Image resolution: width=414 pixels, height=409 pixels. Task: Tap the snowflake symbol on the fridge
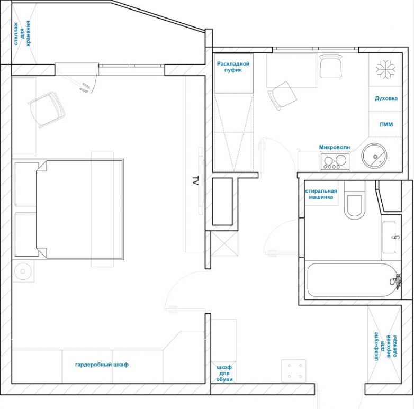(385, 70)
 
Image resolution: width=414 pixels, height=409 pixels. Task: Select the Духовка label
(386, 98)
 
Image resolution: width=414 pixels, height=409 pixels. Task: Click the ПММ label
(386, 124)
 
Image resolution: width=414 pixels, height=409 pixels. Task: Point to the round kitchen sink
(374, 156)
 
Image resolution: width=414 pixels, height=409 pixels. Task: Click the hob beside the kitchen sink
(335, 161)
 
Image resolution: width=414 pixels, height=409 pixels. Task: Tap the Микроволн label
(335, 147)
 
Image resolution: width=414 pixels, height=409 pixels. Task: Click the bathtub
(352, 280)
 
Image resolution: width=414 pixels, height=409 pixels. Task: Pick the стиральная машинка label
(321, 194)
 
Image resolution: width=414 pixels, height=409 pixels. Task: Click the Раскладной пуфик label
(233, 67)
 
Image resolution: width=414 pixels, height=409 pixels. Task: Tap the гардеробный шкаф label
(102, 365)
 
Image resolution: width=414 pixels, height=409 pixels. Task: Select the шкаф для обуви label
(224, 374)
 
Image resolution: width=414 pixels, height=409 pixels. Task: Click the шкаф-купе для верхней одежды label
(385, 346)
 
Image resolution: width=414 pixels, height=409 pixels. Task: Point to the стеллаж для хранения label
(22, 33)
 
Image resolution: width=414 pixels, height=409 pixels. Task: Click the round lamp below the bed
(23, 271)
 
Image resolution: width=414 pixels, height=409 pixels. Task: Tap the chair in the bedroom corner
(47, 109)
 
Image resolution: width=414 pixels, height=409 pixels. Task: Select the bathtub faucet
(396, 280)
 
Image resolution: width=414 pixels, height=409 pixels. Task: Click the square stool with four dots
(293, 371)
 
